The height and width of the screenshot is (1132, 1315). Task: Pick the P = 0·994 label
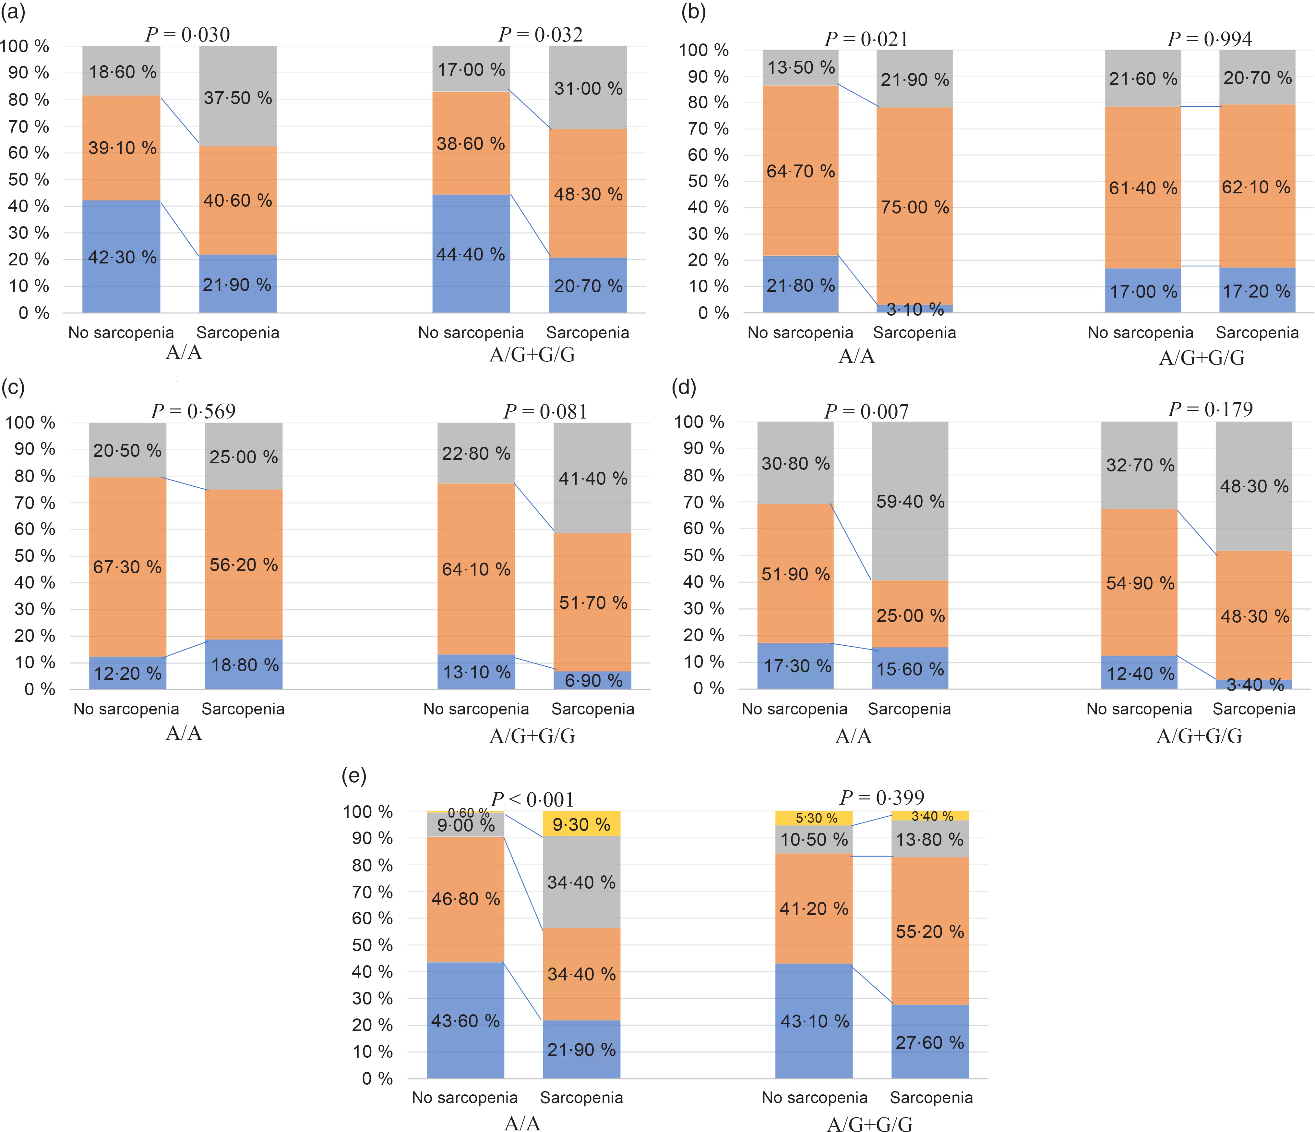pos(1210,39)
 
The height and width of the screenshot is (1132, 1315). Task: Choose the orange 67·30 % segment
pos(127,567)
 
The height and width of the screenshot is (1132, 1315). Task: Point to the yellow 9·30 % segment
pos(581,824)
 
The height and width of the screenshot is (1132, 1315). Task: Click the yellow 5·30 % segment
pos(814,818)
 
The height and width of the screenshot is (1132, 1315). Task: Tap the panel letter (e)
pos(353,776)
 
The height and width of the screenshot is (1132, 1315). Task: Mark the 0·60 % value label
pos(468,813)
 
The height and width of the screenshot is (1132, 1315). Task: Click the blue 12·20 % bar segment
pos(127,673)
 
